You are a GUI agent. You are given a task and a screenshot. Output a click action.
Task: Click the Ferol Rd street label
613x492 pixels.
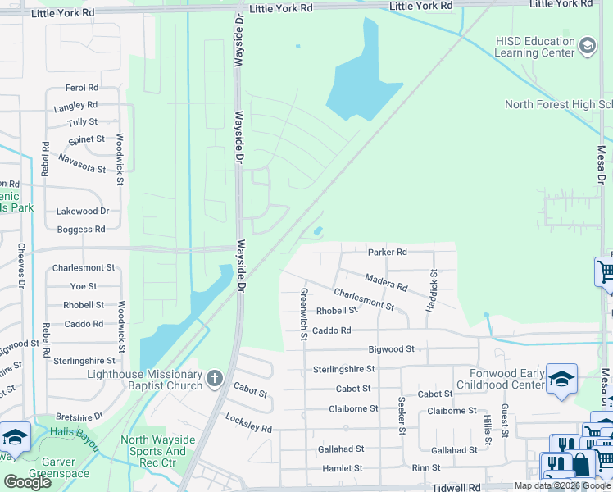coord(82,88)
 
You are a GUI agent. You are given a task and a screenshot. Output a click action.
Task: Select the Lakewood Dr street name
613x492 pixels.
coord(82,212)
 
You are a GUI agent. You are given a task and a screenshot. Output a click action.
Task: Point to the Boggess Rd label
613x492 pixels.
coord(81,230)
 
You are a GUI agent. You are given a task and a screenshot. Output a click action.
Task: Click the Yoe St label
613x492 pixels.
coord(84,286)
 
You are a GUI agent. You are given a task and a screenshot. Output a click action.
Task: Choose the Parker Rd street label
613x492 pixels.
coord(388,253)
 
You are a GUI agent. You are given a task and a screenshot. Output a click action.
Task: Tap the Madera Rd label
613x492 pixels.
coord(386,283)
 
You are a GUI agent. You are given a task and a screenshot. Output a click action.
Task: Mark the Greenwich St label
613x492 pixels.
coord(303,314)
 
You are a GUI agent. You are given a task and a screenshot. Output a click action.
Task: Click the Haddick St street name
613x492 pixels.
coord(433,290)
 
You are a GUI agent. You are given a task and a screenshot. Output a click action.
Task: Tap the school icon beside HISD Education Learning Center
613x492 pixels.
coord(588,47)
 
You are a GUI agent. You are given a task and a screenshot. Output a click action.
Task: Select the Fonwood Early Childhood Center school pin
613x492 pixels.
coord(561,379)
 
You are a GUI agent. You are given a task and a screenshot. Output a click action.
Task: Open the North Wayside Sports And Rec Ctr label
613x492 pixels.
coord(158,445)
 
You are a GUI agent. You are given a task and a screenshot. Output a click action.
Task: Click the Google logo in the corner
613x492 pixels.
coord(27,482)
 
